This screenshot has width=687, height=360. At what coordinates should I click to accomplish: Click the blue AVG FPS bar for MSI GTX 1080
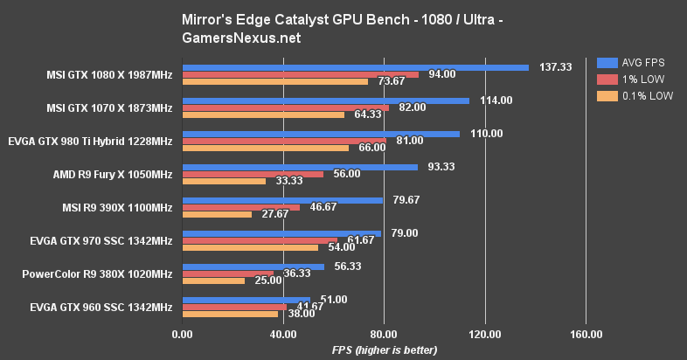coord(354,67)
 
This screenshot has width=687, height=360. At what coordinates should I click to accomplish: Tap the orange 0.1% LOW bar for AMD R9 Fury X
coord(224,181)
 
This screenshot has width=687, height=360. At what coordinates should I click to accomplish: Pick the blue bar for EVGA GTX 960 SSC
coord(246,299)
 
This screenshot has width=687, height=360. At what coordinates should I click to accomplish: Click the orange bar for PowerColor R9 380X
coord(213,280)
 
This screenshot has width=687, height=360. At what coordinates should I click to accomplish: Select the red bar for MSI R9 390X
coord(240,207)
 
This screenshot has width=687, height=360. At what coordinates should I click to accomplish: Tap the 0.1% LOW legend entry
coord(635,97)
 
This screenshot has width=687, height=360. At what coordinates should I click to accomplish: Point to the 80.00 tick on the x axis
coord(384,334)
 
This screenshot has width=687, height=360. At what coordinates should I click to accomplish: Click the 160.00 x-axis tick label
coord(586,334)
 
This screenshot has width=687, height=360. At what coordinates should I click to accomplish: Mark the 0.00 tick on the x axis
coord(182,334)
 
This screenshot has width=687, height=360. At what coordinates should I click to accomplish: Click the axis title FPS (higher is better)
coord(384,350)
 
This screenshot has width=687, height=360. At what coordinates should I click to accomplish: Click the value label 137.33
coord(554,67)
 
